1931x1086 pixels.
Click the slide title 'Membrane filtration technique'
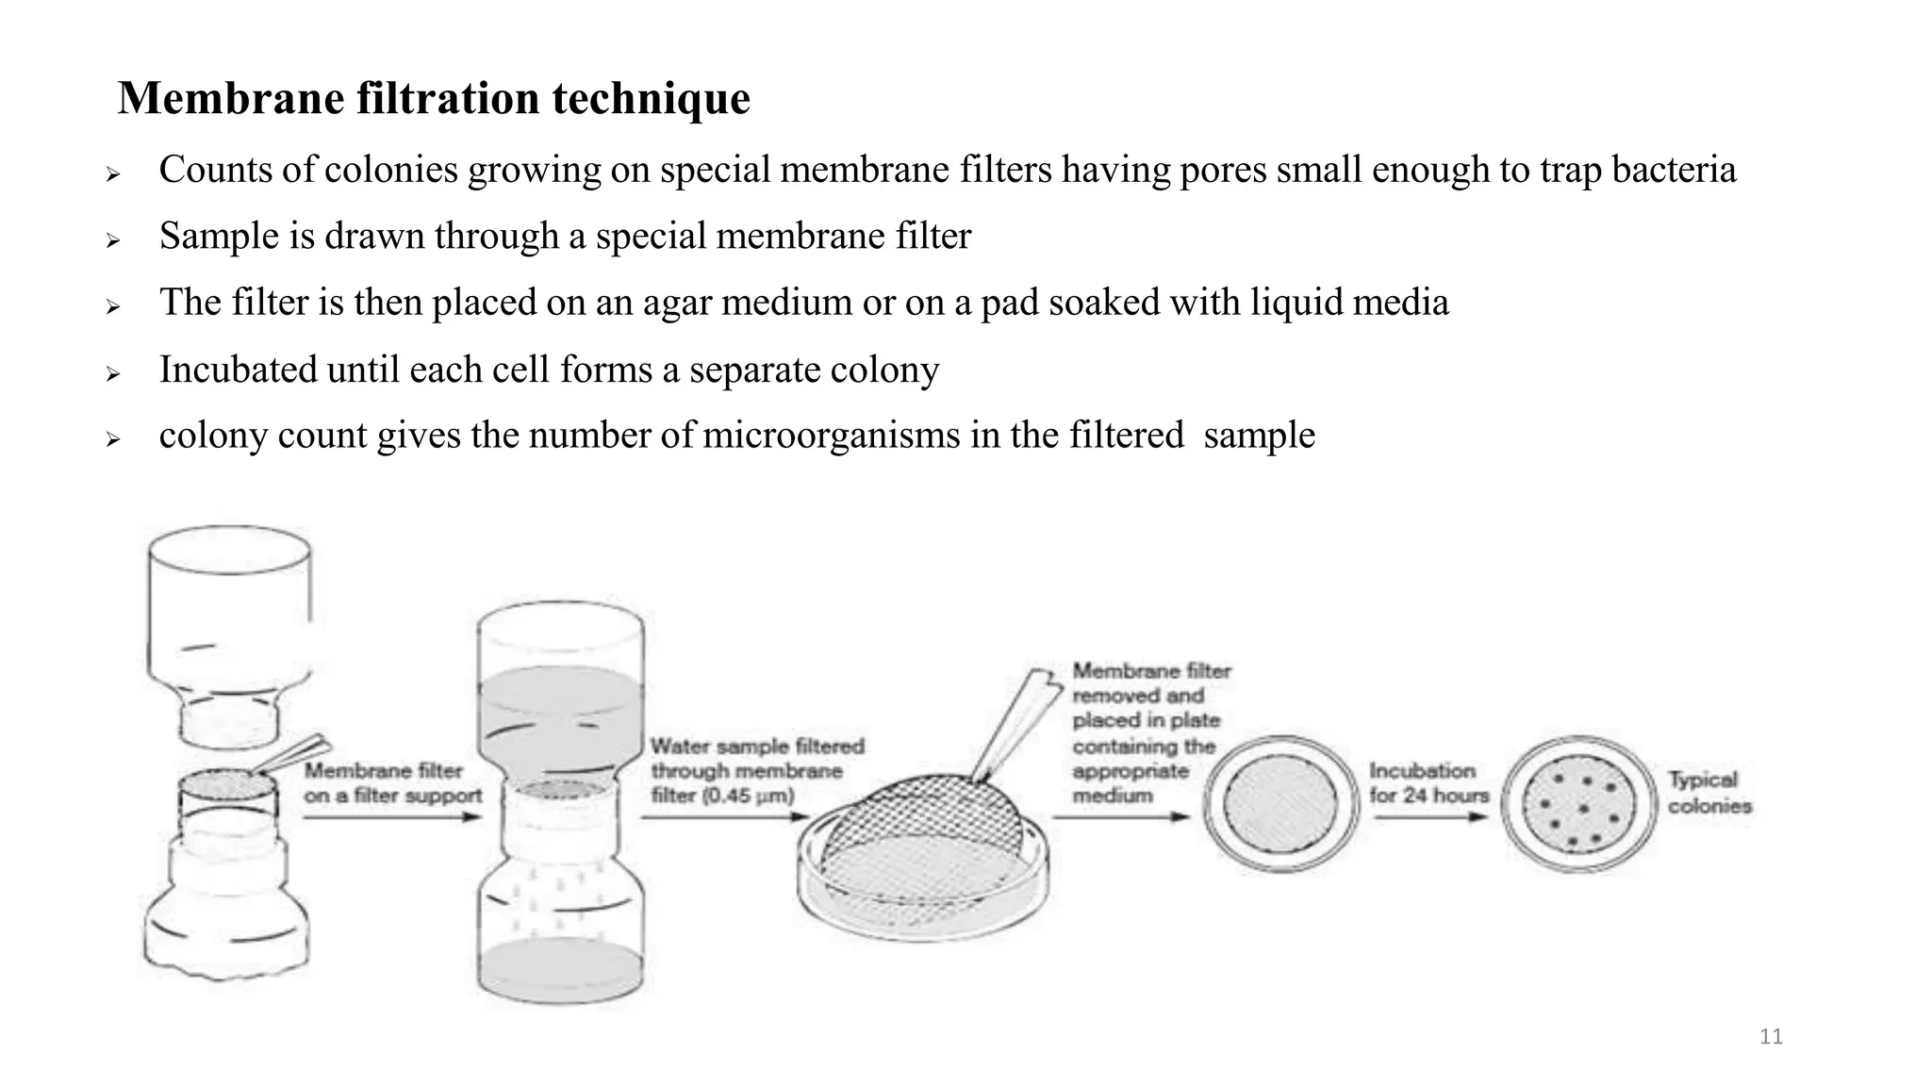434,98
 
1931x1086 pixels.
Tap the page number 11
1771,1037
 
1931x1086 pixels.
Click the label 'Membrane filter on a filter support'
392,783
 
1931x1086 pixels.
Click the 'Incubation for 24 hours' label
1428,783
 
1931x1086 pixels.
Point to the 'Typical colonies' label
1708,793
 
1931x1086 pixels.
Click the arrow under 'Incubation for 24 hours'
1429,816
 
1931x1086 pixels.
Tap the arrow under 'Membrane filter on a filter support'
392,816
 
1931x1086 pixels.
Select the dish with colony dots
1578,804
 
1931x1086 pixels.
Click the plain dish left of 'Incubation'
1280,804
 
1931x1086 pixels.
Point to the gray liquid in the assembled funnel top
560,707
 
